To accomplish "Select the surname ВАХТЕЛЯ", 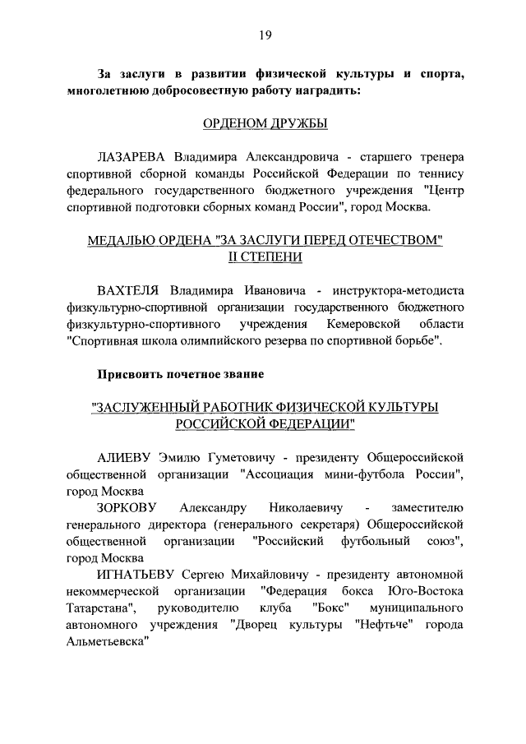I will click(130, 290).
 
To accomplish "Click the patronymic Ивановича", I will click(271, 290).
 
